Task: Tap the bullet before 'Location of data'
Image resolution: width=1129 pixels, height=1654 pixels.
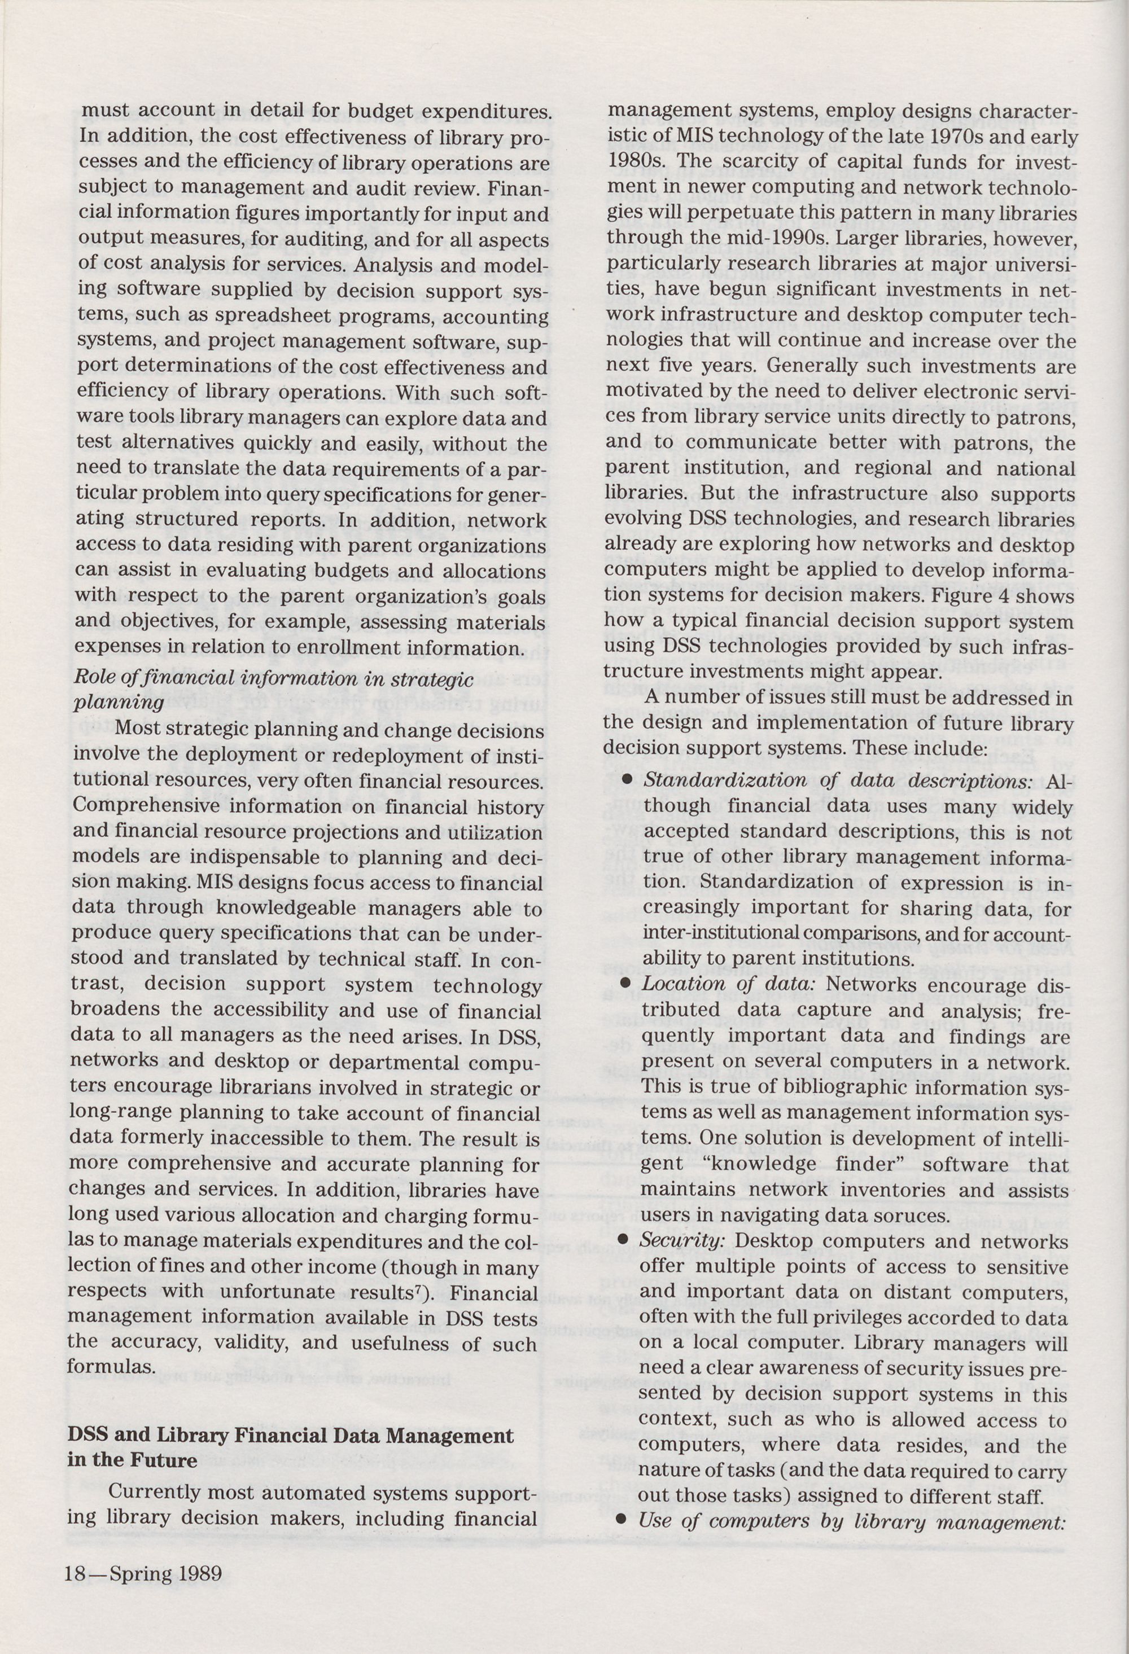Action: coord(627,984)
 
